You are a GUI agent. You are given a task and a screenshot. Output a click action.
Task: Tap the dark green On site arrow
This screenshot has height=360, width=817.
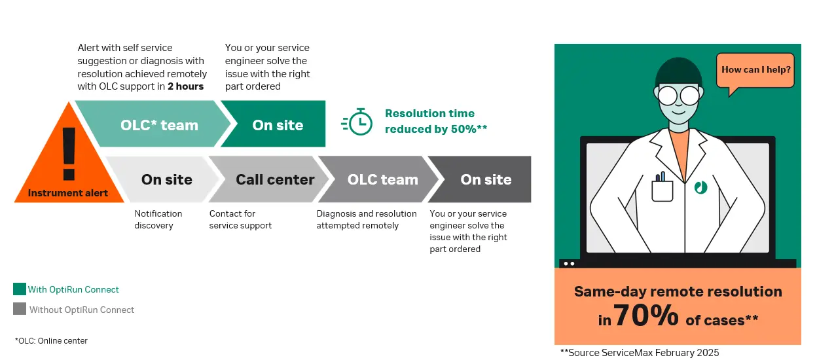(278, 124)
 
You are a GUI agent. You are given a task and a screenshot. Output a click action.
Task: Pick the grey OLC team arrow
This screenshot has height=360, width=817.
(382, 179)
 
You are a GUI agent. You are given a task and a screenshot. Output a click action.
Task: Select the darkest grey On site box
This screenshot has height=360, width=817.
(486, 179)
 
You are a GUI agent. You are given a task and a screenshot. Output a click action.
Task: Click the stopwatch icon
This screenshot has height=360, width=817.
(357, 122)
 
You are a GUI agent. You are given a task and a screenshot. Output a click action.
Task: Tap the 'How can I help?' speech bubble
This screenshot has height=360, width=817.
(755, 70)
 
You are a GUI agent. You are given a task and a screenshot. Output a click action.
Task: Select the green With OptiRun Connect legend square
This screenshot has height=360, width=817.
(20, 289)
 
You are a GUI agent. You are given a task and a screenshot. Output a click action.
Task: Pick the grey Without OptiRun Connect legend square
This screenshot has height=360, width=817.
(20, 309)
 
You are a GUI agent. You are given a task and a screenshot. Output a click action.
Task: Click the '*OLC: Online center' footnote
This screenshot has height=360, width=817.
(51, 341)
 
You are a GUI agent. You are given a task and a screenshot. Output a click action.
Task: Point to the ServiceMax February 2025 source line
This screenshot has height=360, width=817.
(640, 353)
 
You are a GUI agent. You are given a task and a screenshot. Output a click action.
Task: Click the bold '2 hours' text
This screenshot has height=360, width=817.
(185, 86)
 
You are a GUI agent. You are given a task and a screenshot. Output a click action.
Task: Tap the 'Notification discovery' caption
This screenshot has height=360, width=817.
(158, 219)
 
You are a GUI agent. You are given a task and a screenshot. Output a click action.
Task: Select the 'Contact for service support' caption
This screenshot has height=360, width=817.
(240, 219)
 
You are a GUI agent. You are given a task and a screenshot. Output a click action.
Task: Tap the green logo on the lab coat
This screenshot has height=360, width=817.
(700, 187)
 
